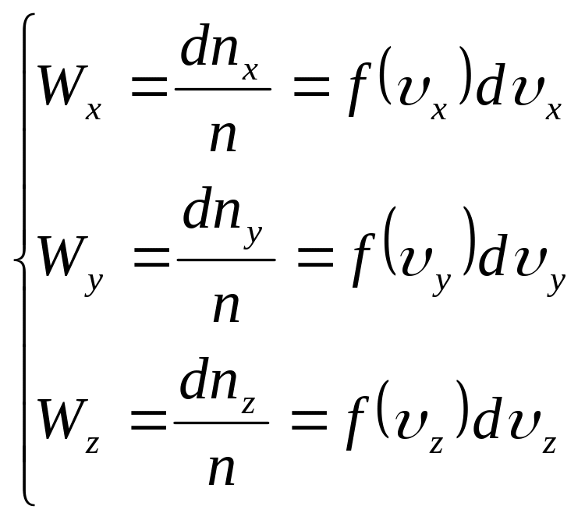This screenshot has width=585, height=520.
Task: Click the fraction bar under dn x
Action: coord(222,89)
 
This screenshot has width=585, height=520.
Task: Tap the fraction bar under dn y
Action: coord(225,259)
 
